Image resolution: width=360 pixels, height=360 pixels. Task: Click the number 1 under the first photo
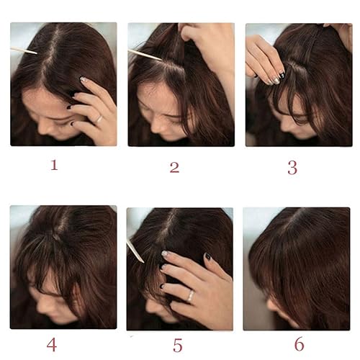pos(53,165)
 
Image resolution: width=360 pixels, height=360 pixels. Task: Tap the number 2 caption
pos(174,167)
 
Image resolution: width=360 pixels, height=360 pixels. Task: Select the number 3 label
pos(292,167)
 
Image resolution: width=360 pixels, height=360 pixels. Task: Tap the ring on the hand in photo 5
pos(190,296)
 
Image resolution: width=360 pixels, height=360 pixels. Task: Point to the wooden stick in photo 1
pos(23,50)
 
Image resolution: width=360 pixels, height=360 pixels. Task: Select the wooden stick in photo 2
pos(144,54)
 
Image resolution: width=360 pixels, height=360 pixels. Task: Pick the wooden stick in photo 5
pos(135,251)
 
